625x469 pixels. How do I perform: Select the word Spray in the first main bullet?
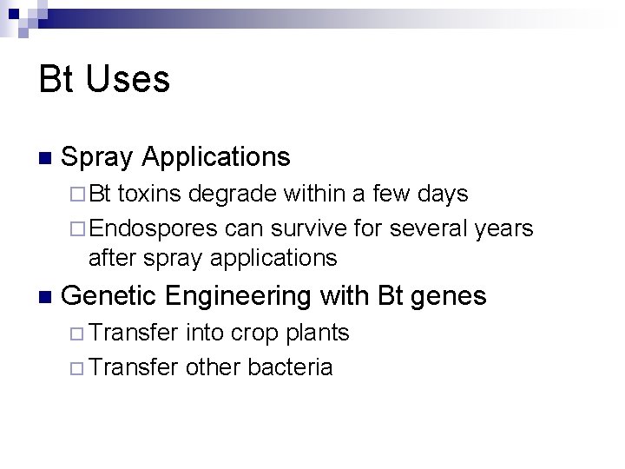pos(98,158)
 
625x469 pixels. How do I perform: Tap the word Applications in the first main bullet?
pos(216,157)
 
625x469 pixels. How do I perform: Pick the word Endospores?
pos(153,228)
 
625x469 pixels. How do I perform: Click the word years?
pos(505,229)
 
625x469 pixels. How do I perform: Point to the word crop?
pos(252,334)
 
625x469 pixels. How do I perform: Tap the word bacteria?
pos(290,367)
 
